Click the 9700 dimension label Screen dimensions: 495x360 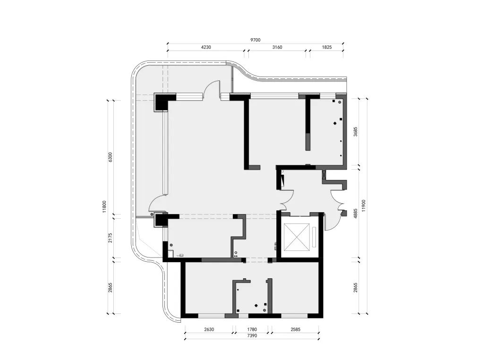point(255,40)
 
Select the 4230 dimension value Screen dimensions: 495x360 point(206,47)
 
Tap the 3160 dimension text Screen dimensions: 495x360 point(277,47)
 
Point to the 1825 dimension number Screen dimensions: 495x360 point(327,47)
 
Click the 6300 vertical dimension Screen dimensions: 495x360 point(110,157)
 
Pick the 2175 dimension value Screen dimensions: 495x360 point(110,238)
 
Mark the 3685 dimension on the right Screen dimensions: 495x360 point(355,131)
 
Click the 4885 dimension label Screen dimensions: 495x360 point(355,214)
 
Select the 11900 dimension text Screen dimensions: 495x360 point(364,206)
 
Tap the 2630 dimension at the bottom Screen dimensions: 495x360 point(209,329)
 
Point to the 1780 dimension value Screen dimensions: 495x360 point(252,329)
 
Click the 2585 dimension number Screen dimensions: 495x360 point(295,329)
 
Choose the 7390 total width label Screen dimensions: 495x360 point(252,336)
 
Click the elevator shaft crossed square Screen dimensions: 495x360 point(297,237)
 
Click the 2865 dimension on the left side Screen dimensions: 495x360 point(110,288)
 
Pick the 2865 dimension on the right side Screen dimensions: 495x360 point(355,288)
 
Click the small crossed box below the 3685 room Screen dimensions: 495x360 point(324,175)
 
